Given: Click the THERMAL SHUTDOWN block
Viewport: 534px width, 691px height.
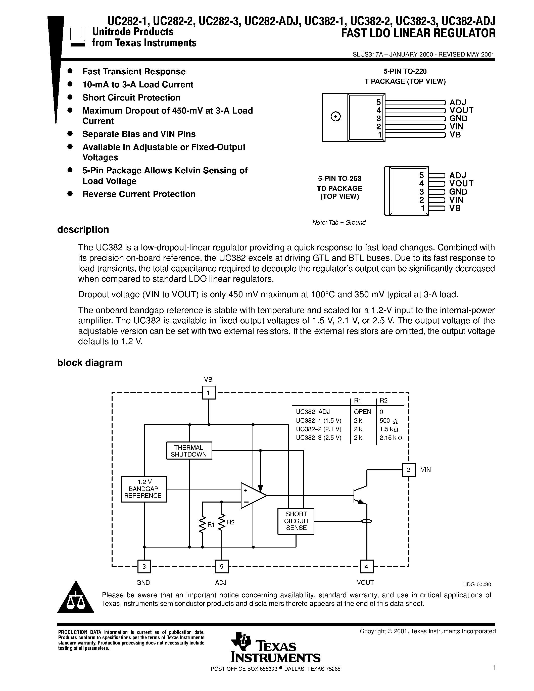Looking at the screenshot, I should (189, 451).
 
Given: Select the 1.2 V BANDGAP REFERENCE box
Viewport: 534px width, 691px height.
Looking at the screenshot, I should (144, 489).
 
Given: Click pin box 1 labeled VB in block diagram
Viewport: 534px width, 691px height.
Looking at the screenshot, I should (209, 393).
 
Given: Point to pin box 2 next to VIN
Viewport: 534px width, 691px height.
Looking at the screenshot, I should (408, 470).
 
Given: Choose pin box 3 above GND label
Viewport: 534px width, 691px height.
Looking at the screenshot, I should (144, 566).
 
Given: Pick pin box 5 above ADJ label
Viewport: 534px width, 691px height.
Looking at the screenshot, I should (221, 566).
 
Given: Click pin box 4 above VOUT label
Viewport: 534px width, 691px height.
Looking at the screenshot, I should (367, 566).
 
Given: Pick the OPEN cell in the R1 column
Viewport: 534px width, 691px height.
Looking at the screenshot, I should (363, 412).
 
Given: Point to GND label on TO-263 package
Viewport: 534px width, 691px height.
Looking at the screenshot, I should (458, 192).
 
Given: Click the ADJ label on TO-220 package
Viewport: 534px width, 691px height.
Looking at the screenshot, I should (458, 102).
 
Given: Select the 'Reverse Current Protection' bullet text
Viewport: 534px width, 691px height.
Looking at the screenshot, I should (139, 194).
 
